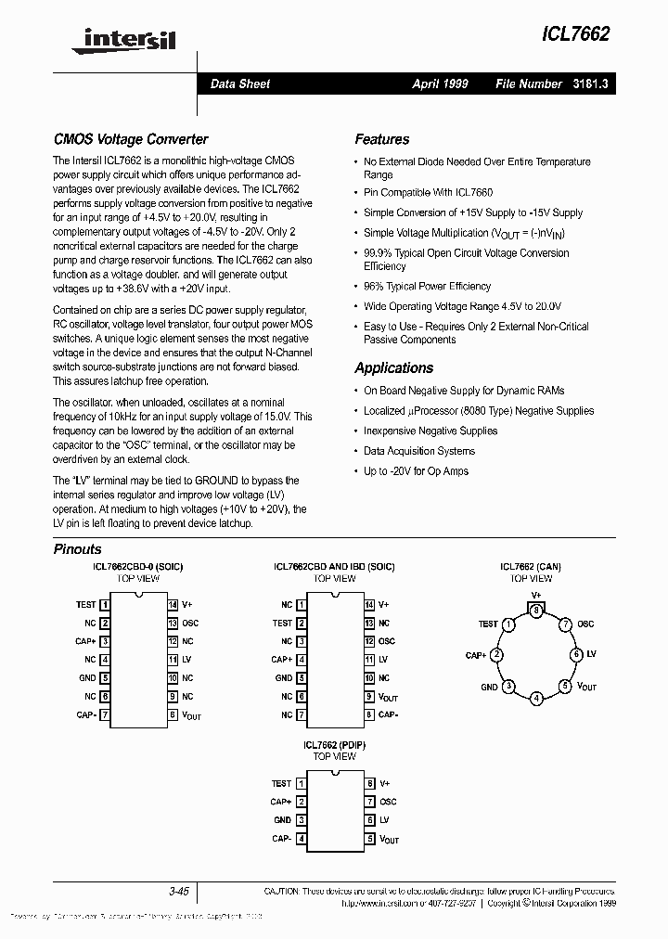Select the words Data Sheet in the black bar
coord(240,84)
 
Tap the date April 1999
coord(440,84)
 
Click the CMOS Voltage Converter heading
coord(131,139)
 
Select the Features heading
coord(381,139)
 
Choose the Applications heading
coord(393,367)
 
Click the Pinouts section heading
coord(77,549)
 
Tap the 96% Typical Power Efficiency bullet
coord(427,287)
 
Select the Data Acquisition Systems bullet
coord(418,451)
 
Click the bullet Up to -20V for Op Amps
coord(416,471)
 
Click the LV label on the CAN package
coord(591,654)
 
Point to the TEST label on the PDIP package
coord(281,783)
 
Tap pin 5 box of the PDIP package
coord(369,839)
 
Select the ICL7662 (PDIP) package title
coord(334,745)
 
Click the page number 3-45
coord(178,891)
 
